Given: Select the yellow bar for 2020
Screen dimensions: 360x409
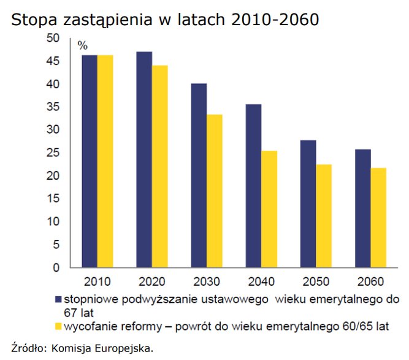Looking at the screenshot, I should coord(160,166).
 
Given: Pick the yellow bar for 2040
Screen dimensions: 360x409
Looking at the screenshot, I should coord(269,209).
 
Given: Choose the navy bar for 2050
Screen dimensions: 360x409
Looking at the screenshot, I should coord(308,204).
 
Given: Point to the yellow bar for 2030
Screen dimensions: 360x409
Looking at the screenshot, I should coord(215,191).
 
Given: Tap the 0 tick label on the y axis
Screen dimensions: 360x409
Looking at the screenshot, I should coord(56,268).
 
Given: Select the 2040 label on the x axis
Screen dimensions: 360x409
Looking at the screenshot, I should coord(261,283).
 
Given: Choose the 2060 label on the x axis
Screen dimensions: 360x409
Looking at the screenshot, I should coord(370,283).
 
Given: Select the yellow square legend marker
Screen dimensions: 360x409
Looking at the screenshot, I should coord(59,323).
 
